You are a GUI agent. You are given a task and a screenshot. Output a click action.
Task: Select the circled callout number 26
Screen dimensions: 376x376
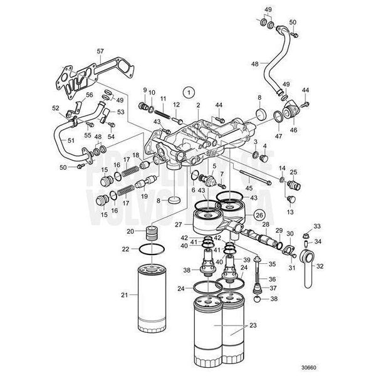click(x=258, y=215)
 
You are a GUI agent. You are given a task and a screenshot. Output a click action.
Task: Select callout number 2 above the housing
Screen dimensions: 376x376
click(x=198, y=105)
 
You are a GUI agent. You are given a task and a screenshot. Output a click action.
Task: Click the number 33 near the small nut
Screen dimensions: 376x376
click(x=316, y=226)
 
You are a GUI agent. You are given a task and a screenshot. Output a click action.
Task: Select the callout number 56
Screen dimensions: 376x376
click(x=89, y=95)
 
